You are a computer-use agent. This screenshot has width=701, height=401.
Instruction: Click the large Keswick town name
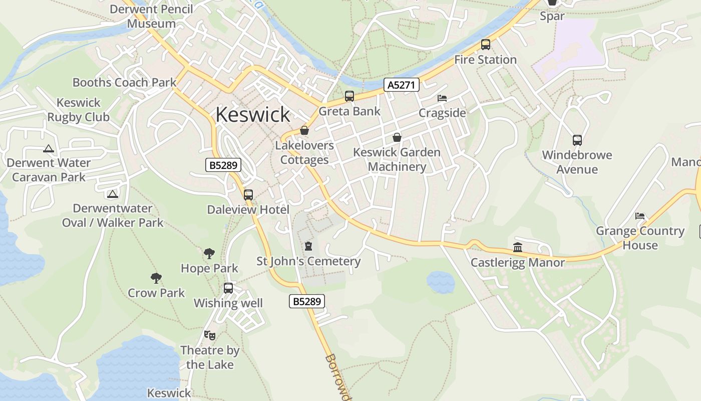pyautogui.click(x=252, y=115)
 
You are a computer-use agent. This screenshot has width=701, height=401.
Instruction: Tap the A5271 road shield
pyautogui.click(x=402, y=85)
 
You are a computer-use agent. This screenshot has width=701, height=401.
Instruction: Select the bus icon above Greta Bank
pyautogui.click(x=349, y=96)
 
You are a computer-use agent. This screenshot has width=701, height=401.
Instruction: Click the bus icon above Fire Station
pyautogui.click(x=485, y=45)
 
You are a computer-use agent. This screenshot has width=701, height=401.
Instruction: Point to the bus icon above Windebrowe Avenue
pyautogui.click(x=577, y=140)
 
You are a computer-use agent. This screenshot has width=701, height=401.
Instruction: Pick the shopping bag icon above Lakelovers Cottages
pyautogui.click(x=304, y=131)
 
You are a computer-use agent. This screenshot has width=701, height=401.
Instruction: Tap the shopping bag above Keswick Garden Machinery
pyautogui.click(x=397, y=137)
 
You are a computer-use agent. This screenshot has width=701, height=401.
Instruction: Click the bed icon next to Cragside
pyautogui.click(x=442, y=98)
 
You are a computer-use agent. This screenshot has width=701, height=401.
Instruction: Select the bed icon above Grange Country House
pyautogui.click(x=640, y=216)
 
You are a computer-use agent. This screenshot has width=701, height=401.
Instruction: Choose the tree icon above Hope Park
pyautogui.click(x=209, y=253)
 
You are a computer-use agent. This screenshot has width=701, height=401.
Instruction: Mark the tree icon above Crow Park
pyautogui.click(x=156, y=278)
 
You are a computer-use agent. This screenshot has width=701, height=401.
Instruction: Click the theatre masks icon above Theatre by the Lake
pyautogui.click(x=209, y=335)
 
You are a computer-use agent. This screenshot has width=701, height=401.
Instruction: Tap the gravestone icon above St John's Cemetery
pyautogui.click(x=308, y=246)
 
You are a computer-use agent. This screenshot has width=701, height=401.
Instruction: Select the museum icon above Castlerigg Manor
pyautogui.click(x=518, y=248)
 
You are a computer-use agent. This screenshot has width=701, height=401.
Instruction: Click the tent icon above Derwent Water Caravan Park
pyautogui.click(x=48, y=148)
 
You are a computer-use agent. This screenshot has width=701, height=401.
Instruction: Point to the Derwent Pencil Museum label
pyautogui.click(x=151, y=16)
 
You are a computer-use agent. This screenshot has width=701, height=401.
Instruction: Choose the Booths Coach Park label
pyautogui.click(x=125, y=82)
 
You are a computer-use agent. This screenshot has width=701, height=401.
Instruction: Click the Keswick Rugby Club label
pyautogui.click(x=79, y=110)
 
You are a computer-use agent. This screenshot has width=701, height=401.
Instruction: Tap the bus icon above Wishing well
pyautogui.click(x=228, y=288)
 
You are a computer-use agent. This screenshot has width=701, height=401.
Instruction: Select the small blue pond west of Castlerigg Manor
pyautogui.click(x=441, y=282)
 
